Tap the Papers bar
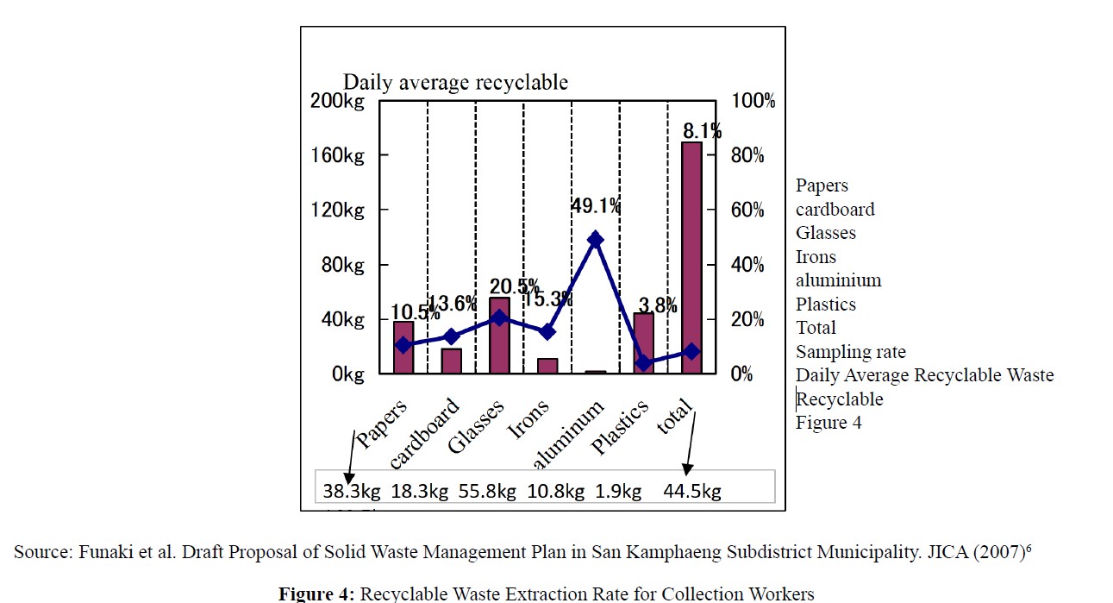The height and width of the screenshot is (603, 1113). point(403,348)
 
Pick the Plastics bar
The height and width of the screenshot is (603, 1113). point(643,343)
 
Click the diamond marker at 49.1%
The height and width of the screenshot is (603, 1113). point(595,240)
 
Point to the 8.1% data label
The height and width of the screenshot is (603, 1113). point(702,131)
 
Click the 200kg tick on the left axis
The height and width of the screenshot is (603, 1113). point(337,101)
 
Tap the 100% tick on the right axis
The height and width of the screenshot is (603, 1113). point(753,101)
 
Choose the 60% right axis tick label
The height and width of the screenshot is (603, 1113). point(748,210)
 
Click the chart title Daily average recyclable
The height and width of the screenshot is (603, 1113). point(455,82)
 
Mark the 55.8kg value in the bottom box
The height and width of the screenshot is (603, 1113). point(487,492)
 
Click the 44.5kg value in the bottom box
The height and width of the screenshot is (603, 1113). point(692,492)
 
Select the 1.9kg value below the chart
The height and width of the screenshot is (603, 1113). point(618,492)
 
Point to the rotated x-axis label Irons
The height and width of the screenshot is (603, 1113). point(528,420)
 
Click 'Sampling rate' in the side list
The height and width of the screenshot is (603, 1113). point(850,352)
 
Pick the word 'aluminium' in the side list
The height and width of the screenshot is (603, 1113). point(838,280)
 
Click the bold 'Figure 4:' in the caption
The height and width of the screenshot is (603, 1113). point(316,594)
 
